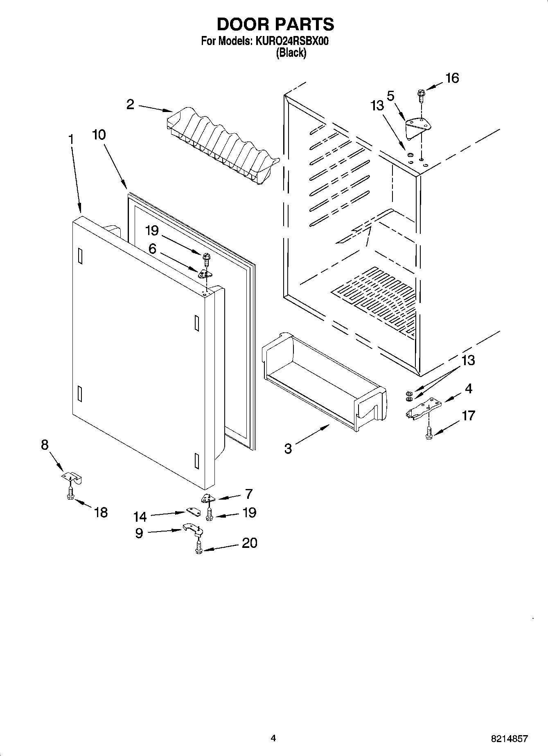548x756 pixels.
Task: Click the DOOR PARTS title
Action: [275, 25]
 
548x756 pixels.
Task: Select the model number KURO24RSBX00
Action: [291, 41]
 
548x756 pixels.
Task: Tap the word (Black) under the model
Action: [291, 53]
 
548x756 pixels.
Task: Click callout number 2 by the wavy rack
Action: [130, 105]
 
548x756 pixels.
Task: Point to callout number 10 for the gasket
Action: [99, 135]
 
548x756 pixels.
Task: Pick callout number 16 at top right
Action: [452, 78]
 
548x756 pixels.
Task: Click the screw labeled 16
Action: [421, 95]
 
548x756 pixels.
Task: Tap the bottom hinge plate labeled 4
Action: [424, 409]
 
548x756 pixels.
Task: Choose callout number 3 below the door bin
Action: [288, 449]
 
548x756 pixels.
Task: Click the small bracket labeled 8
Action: [72, 478]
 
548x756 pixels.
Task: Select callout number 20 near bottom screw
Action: [249, 543]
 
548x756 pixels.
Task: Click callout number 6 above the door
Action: [152, 249]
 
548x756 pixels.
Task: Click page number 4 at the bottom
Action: [273, 738]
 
